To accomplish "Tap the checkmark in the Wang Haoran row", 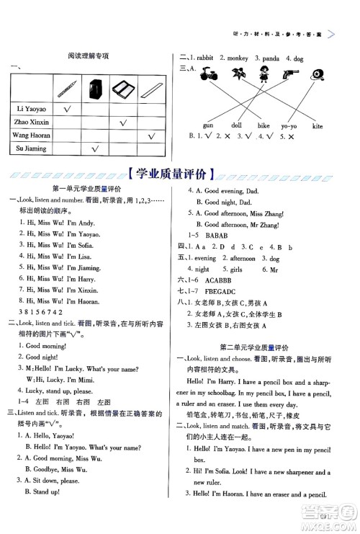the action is coord(151,135).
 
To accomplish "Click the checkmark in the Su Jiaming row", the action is coord(92,149).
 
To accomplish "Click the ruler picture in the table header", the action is coord(151,89).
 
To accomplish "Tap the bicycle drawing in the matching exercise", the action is coord(208,74).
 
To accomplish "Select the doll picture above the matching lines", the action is coord(264,74).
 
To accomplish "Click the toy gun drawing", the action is coord(291,74).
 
